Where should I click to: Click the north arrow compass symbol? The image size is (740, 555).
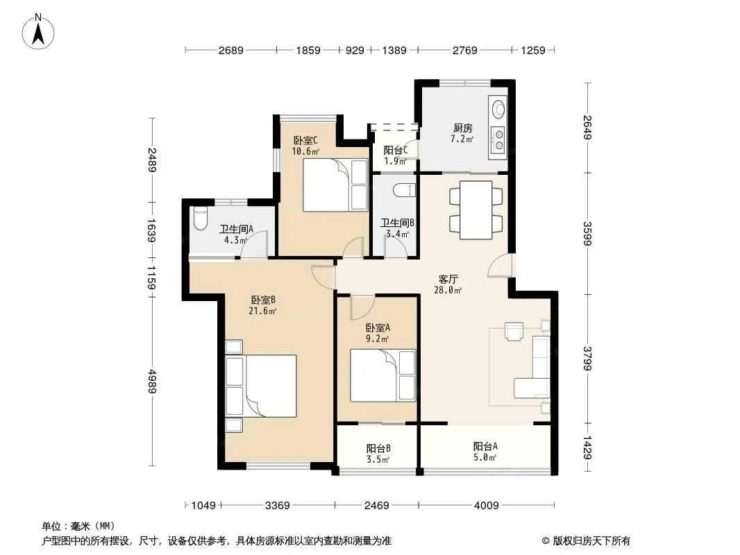click(x=38, y=32)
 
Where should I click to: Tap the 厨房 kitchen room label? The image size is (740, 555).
click(x=462, y=128)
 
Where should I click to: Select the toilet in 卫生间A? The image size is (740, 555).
click(x=201, y=219)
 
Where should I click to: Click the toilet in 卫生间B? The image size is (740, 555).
click(x=403, y=189)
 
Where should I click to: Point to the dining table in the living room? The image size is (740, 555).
click(x=476, y=210)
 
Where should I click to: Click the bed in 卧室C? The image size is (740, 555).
click(x=335, y=185)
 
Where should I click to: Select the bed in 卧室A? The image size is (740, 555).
click(x=382, y=375)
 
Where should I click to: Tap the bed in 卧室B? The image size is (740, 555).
click(x=261, y=386)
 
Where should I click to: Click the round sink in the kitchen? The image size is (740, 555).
click(x=498, y=109)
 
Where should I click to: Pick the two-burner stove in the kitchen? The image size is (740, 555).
click(x=498, y=141)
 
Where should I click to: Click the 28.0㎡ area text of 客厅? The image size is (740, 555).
click(x=447, y=291)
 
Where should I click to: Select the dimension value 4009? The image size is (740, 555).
click(x=486, y=506)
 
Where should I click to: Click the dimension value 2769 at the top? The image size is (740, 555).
click(x=465, y=50)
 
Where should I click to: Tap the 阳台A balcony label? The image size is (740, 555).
click(x=485, y=446)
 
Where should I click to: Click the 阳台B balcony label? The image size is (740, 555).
click(x=378, y=448)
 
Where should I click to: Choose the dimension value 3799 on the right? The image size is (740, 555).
click(x=587, y=359)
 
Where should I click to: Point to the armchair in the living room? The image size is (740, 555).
click(x=514, y=330)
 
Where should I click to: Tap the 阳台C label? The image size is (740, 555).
click(x=396, y=151)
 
